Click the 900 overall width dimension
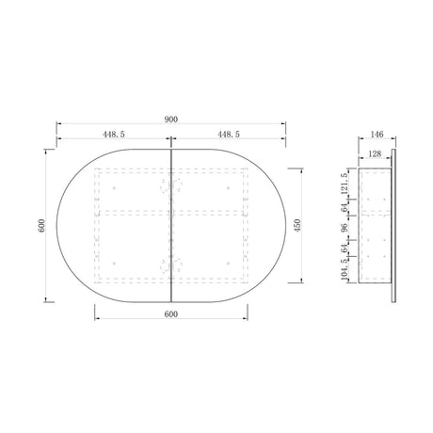pyautogui.click(x=171, y=120)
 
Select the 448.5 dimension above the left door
pyautogui.click(x=114, y=134)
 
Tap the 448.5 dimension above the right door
pyautogui.click(x=229, y=134)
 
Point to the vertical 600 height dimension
pyautogui.click(x=41, y=226)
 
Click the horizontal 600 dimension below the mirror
pyautogui.click(x=171, y=313)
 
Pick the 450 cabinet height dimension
pyautogui.click(x=297, y=225)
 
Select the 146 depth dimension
pyautogui.click(x=377, y=135)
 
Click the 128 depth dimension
pyautogui.click(x=375, y=153)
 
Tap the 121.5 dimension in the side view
pyautogui.click(x=345, y=184)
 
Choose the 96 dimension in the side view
pyautogui.click(x=345, y=227)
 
